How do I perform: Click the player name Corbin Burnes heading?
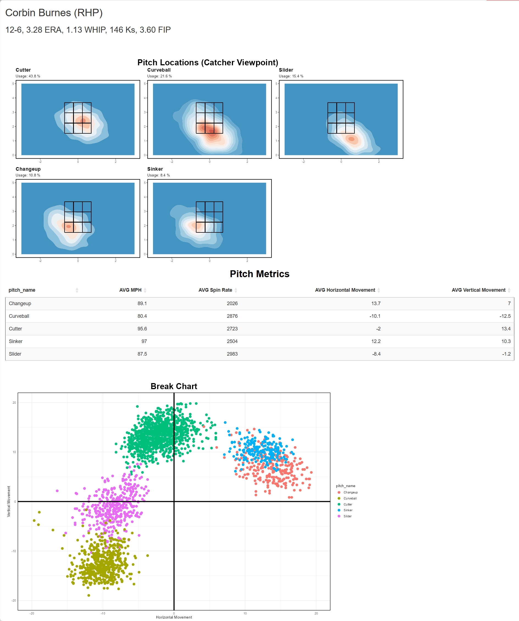(x=54, y=13)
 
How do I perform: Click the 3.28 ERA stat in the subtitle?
(x=45, y=30)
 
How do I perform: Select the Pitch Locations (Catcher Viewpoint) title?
(x=207, y=62)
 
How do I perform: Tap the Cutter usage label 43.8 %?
(x=28, y=76)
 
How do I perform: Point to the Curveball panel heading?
(x=159, y=70)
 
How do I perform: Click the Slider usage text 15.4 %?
(x=291, y=76)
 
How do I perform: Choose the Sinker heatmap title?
(x=155, y=169)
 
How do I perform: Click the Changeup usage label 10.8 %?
(x=28, y=175)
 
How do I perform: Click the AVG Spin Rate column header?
(x=215, y=290)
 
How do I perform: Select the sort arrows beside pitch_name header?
(x=77, y=290)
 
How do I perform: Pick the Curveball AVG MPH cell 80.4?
(x=142, y=316)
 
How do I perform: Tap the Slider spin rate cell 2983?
(x=232, y=354)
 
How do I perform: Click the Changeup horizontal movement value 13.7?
(x=375, y=304)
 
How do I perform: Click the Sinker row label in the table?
(x=16, y=341)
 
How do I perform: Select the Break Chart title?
(x=174, y=386)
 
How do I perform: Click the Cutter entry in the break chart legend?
(x=348, y=504)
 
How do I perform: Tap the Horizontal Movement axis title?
(x=174, y=617)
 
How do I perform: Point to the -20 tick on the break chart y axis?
(x=14, y=600)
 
